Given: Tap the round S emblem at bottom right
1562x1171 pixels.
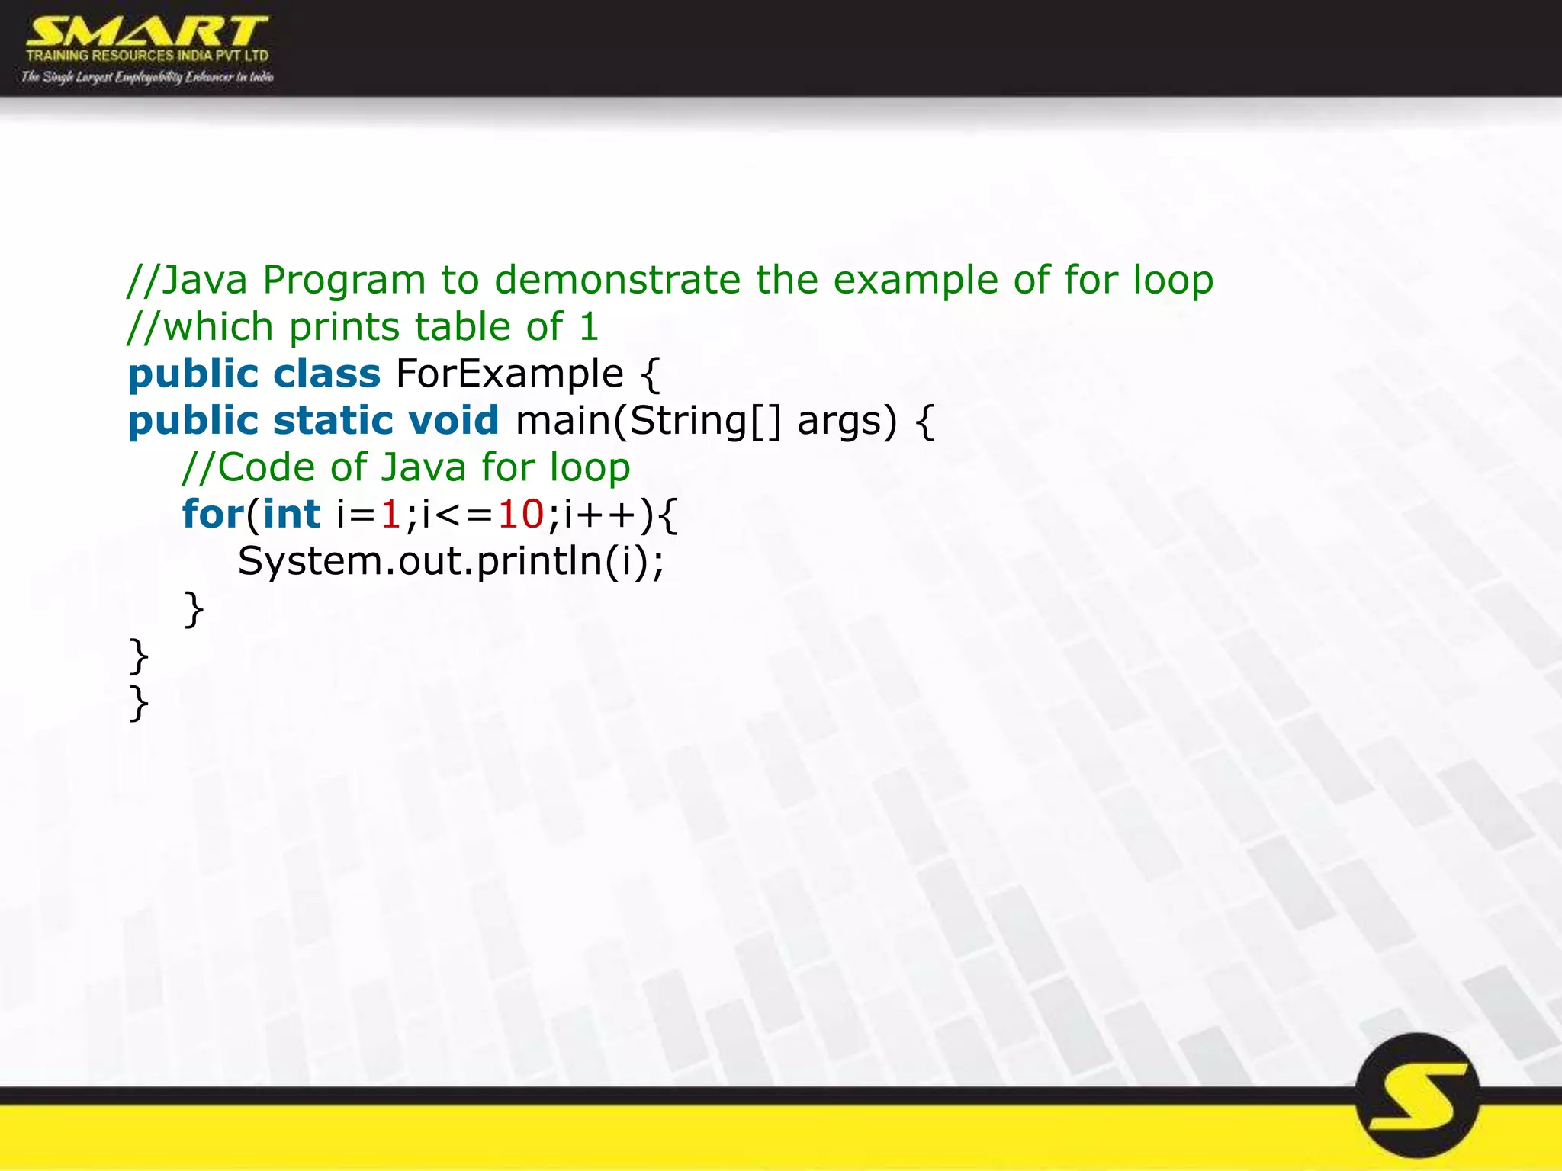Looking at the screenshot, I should coord(1418,1096).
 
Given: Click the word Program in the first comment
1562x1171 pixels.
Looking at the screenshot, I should coord(344,280).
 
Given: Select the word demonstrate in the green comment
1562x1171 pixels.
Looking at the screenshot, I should coord(617,280).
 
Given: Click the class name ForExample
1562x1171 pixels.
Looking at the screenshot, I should coord(509,374).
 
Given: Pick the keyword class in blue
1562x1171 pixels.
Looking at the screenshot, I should coord(326,374).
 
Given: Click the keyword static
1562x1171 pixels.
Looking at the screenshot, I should coord(333,421).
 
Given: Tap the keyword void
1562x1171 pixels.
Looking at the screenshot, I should coord(453,421).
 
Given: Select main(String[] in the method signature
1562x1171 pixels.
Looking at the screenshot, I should coord(648,421).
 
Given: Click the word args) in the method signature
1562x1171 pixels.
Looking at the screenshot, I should coord(847,421).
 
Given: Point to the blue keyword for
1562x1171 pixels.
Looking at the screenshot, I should coord(212,514).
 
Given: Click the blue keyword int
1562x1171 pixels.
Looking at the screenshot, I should coord(291,514).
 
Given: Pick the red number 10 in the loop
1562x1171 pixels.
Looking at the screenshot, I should coord(521,514).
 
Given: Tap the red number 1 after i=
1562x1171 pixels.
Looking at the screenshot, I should coord(390,514).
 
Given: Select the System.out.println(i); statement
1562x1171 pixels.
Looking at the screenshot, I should coord(451,561).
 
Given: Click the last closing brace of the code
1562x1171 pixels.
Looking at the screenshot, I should coord(139,702).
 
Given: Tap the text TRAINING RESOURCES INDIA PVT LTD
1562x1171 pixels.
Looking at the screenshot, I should coord(147,56).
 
